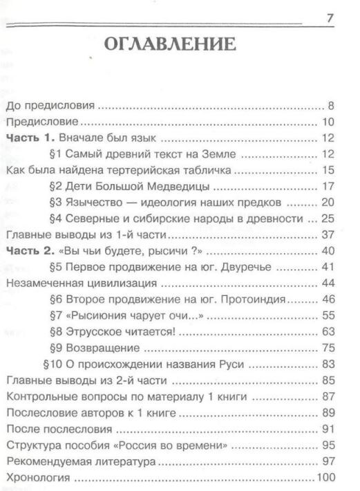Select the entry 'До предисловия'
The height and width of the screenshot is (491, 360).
pyautogui.click(x=50, y=106)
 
